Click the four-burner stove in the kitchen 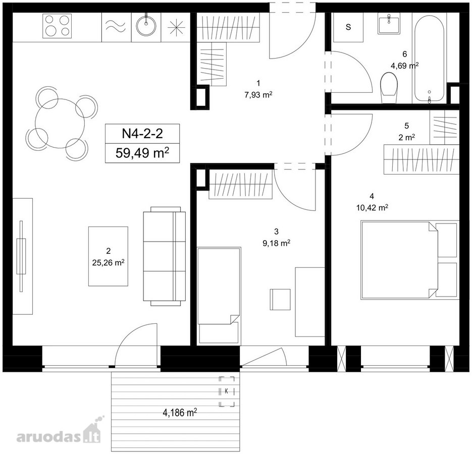57,26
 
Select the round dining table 60,123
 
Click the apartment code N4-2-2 142,133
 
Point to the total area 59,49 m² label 142,153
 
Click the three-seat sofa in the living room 165,256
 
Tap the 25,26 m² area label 109,263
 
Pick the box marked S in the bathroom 348,27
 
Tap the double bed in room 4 410,260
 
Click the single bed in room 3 219,296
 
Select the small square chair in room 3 280,299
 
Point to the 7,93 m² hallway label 258,95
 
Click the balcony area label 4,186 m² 180,412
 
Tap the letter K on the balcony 226,391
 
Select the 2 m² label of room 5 407,138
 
